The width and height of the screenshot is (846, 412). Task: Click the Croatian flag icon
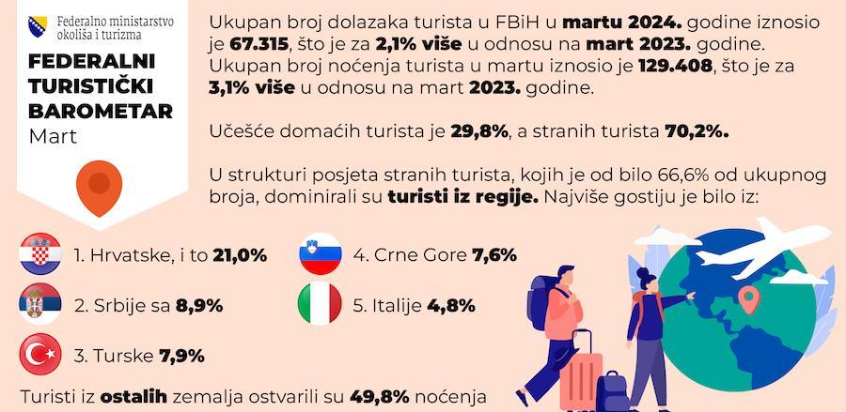[40, 254]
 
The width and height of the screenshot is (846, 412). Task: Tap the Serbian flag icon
[40, 305]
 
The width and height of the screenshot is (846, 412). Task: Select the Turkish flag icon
[40, 356]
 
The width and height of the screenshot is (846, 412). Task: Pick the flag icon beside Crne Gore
[319, 254]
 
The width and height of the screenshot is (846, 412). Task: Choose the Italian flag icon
[319, 305]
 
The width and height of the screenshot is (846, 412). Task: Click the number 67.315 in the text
[258, 45]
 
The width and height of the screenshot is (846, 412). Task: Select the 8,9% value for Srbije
[198, 306]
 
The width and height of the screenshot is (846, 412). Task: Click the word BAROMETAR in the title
[101, 112]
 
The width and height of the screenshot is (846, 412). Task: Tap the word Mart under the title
[53, 137]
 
